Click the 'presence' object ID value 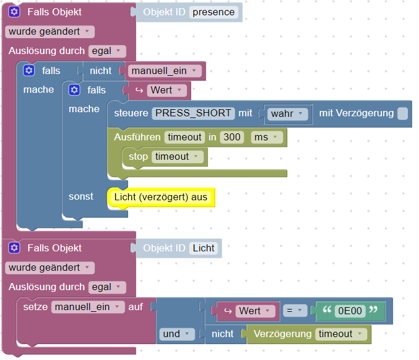214,12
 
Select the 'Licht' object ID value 204,248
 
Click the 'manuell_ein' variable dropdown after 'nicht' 164,71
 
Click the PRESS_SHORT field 193,113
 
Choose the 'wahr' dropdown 288,114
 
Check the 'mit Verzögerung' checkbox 402,113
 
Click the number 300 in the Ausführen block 232,137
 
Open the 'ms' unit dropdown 266,137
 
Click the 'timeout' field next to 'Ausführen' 184,137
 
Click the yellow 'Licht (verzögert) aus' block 161,197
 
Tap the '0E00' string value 350,311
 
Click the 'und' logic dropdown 176,334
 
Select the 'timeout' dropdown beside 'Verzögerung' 341,334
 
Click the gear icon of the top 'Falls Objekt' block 15,12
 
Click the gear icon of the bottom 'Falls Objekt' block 15,248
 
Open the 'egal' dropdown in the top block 107,51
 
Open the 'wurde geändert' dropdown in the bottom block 49,268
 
